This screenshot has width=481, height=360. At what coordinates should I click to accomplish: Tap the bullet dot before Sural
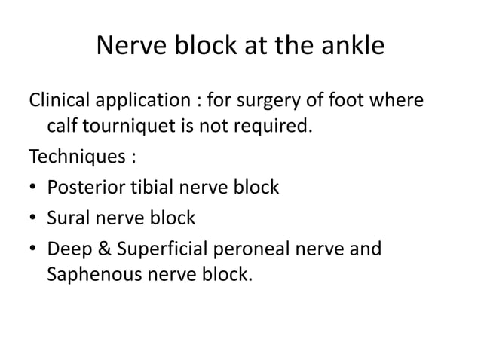[32, 219]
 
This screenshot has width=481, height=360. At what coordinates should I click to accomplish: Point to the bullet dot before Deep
[32, 249]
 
